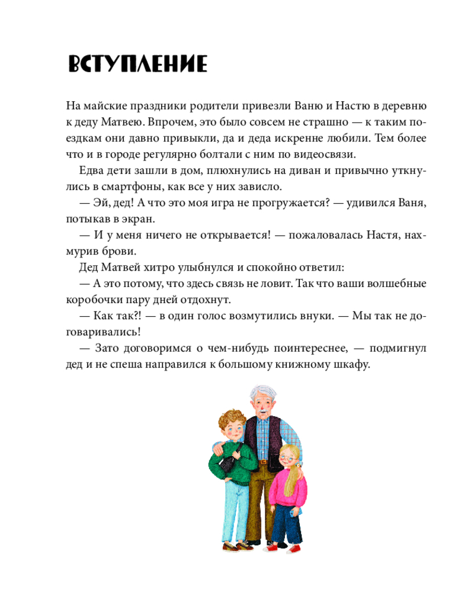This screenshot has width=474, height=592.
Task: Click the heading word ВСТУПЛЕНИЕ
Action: (137, 64)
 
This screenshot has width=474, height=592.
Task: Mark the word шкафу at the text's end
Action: (353, 364)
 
